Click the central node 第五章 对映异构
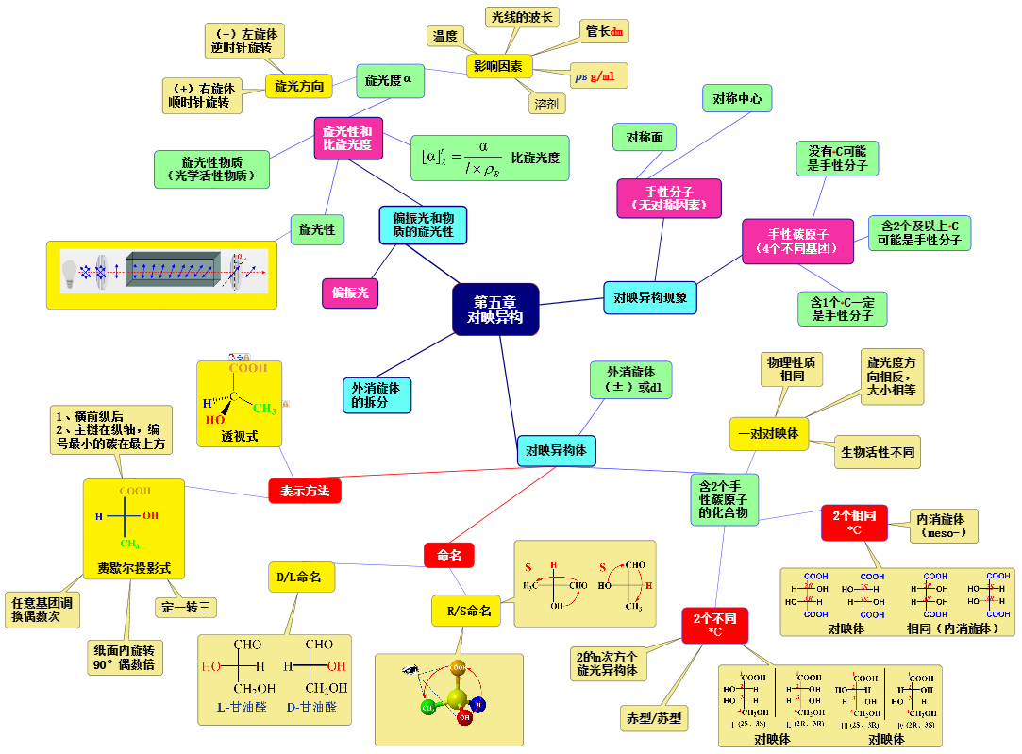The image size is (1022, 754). tap(495, 309)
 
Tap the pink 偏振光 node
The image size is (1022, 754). tap(350, 293)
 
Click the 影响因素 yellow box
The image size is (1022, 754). tap(499, 66)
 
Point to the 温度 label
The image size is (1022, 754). tap(444, 36)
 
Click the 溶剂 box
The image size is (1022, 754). tap(545, 104)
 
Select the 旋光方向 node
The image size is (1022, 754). tap(299, 87)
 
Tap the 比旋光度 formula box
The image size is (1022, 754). tap(491, 158)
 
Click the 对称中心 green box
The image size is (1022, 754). tap(737, 98)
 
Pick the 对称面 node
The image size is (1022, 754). tap(645, 137)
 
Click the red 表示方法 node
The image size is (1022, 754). tap(305, 491)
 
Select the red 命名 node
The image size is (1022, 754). tap(449, 556)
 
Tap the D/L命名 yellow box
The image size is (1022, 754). tap(302, 577)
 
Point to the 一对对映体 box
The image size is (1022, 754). tap(768, 433)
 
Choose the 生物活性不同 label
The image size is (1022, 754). tap(878, 452)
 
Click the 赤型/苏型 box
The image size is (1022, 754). tap(652, 718)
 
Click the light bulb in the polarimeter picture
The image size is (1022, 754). tap(69, 273)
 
